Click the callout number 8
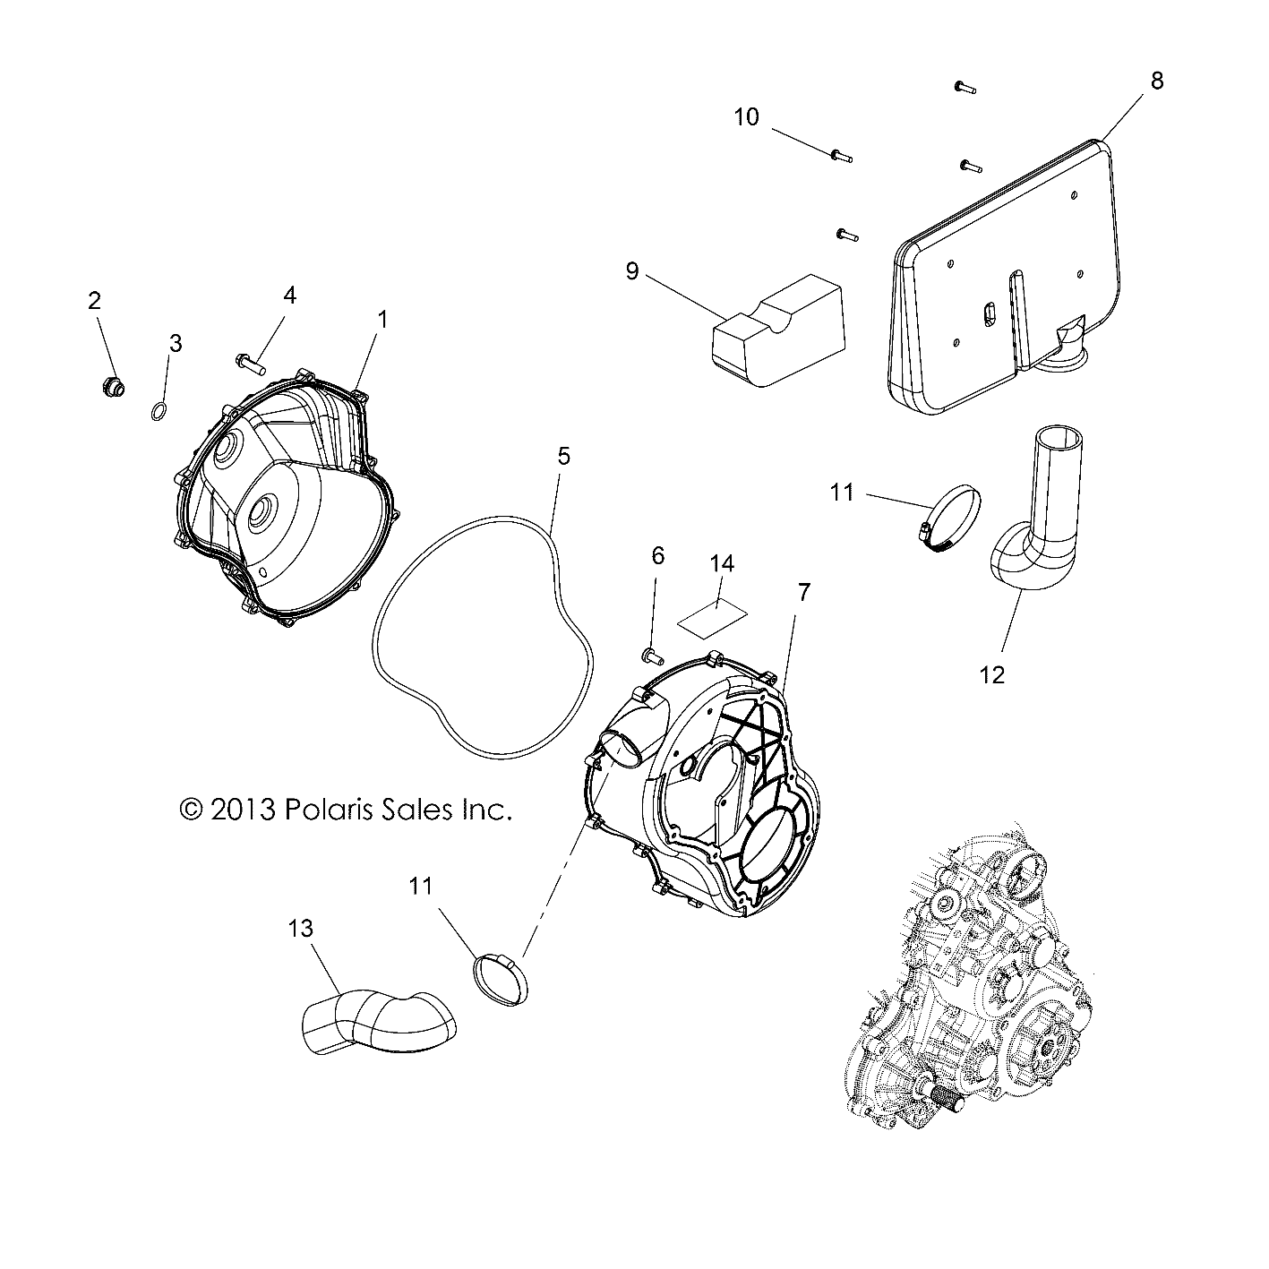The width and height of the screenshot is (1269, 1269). point(1156,81)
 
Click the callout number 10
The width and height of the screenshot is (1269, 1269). point(746,116)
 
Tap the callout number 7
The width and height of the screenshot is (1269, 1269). point(803,592)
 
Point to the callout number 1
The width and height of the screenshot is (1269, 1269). point(382,318)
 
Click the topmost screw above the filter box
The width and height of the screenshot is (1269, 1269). point(964,88)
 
